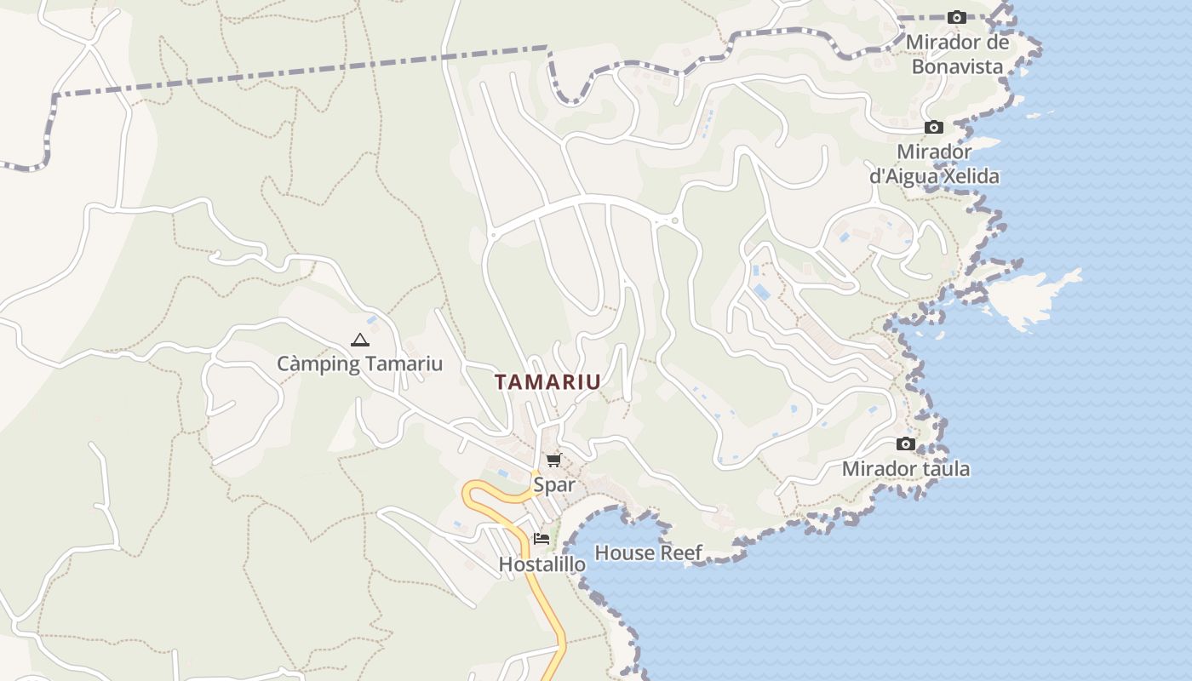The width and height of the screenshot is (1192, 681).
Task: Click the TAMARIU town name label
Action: point(547,382)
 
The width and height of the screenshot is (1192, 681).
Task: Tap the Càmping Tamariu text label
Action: point(359,363)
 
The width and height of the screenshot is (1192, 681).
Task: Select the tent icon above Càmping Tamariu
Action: point(359,340)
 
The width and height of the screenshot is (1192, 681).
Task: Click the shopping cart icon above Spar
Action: point(553,461)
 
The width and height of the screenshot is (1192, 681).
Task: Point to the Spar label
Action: point(553,484)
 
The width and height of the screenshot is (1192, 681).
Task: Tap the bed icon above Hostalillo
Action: point(542,539)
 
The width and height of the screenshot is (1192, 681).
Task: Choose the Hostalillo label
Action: point(542,564)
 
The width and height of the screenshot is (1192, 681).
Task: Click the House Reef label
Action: point(648,552)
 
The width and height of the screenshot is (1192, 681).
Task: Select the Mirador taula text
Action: point(905,469)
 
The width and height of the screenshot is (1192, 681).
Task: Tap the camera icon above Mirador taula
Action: point(906,444)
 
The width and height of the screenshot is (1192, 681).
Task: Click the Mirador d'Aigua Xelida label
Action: point(934,164)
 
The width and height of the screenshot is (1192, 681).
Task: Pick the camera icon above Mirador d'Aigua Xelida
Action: point(934,128)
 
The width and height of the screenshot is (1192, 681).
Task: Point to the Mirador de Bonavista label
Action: point(957,54)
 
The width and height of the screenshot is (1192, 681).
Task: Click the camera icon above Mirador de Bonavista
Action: point(956,18)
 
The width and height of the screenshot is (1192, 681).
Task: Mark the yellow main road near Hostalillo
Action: point(545,596)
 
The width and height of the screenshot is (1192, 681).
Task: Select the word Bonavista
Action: point(957,66)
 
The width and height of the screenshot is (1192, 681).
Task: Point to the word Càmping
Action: point(307,363)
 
